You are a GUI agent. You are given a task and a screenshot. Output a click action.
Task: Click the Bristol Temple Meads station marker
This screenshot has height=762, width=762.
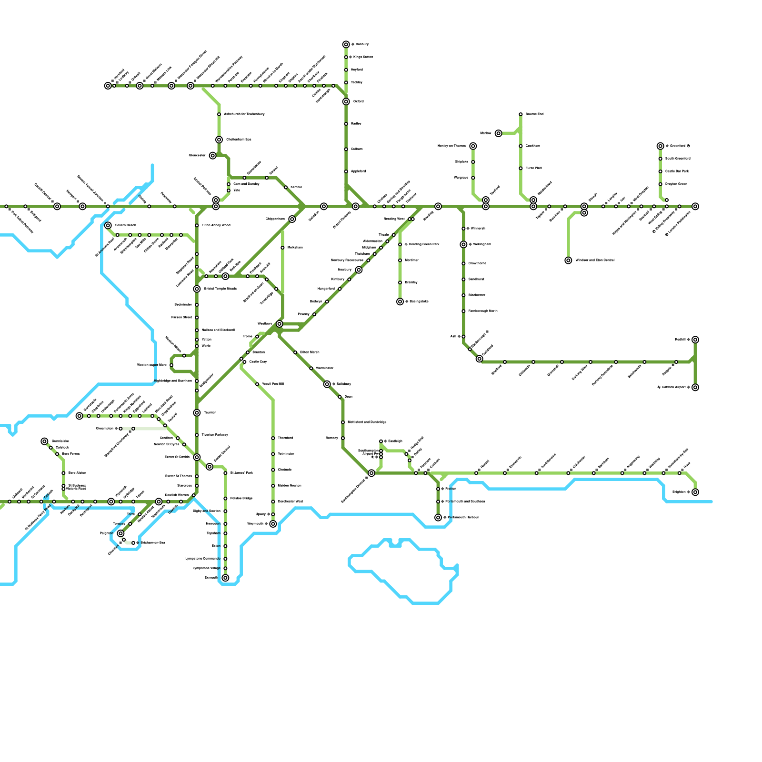pyautogui.click(x=197, y=289)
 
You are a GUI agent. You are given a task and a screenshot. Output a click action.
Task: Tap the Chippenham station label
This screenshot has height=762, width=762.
pyautogui.click(x=275, y=219)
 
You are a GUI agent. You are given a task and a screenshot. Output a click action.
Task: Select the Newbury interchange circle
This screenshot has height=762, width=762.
pyautogui.click(x=359, y=270)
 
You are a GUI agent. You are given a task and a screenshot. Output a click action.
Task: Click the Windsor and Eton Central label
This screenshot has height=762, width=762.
pyautogui.click(x=594, y=261)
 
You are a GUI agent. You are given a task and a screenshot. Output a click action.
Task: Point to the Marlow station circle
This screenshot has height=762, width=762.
pyautogui.click(x=498, y=133)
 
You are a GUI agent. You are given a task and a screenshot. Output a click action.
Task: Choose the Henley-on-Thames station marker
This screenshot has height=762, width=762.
pyautogui.click(x=473, y=146)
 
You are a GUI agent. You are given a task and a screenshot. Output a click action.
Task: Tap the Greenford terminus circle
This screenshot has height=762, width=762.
pyautogui.click(x=660, y=146)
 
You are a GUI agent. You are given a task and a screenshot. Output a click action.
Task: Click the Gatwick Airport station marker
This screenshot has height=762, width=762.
pyautogui.click(x=695, y=387)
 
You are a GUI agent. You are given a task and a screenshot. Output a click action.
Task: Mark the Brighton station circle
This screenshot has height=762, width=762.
pyautogui.click(x=695, y=492)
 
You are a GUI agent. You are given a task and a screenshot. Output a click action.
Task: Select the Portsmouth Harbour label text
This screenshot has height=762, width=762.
pyautogui.click(x=463, y=517)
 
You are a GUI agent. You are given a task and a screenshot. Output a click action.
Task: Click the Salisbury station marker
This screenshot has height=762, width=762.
pyautogui.click(x=327, y=384)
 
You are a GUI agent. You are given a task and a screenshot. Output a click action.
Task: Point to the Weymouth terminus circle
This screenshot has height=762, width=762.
pyautogui.click(x=273, y=524)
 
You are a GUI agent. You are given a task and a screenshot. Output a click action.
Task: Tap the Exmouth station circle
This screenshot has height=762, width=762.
pyautogui.click(x=225, y=578)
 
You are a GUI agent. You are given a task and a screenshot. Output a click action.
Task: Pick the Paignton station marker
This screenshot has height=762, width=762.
pyautogui.click(x=120, y=533)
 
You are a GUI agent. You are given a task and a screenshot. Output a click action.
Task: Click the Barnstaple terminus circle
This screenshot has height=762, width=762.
pyautogui.click(x=80, y=416)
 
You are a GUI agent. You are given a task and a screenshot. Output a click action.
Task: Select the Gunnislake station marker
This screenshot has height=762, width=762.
pyautogui.click(x=44, y=441)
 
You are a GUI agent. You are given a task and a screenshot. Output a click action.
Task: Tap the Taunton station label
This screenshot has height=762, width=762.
pyautogui.click(x=210, y=412)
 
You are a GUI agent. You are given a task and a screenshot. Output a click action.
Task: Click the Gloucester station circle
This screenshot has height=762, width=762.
pyautogui.click(x=212, y=156)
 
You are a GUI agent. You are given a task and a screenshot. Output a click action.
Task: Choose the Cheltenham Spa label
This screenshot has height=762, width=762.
pyautogui.click(x=239, y=140)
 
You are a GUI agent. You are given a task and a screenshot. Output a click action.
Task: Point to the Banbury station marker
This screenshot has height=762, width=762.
pyautogui.click(x=346, y=44)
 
